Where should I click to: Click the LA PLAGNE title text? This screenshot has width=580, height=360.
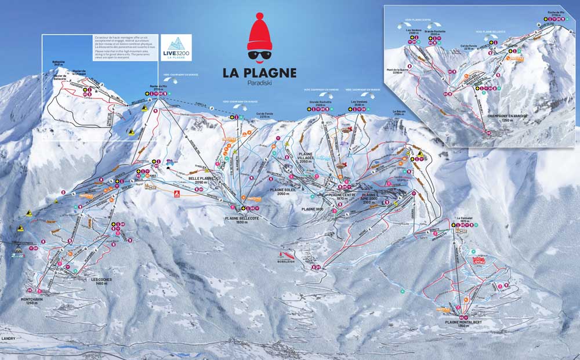[x=259, y=73]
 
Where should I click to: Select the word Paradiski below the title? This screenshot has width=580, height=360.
[x=259, y=83]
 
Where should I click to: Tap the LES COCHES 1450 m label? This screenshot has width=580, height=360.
[x=101, y=281]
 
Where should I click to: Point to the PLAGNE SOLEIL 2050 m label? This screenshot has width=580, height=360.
[x=283, y=192]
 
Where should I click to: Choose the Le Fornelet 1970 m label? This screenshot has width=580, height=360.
[x=459, y=221]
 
